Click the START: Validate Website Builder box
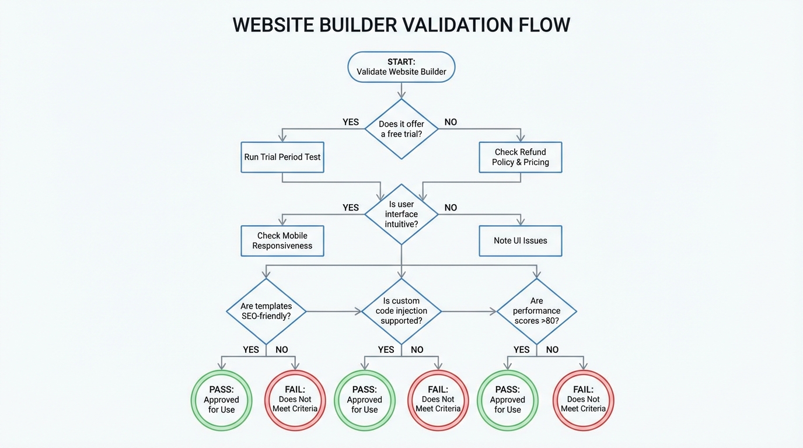(401, 67)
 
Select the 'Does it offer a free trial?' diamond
(401, 129)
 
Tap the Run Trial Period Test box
(282, 157)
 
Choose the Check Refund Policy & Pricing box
(520, 157)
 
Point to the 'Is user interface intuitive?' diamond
(401, 214)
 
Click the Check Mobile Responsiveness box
(282, 241)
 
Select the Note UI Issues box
(520, 241)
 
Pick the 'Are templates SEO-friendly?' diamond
(266, 311)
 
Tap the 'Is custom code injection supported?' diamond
(401, 311)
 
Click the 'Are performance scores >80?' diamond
(536, 311)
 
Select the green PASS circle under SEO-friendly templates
(221, 400)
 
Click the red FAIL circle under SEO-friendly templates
(295, 400)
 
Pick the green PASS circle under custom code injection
(364, 400)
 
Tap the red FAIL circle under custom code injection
(438, 400)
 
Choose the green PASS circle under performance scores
(507, 400)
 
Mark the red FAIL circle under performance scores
(583, 400)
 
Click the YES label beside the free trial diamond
(351, 122)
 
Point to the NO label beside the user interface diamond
(451, 208)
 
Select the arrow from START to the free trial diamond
(401, 90)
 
